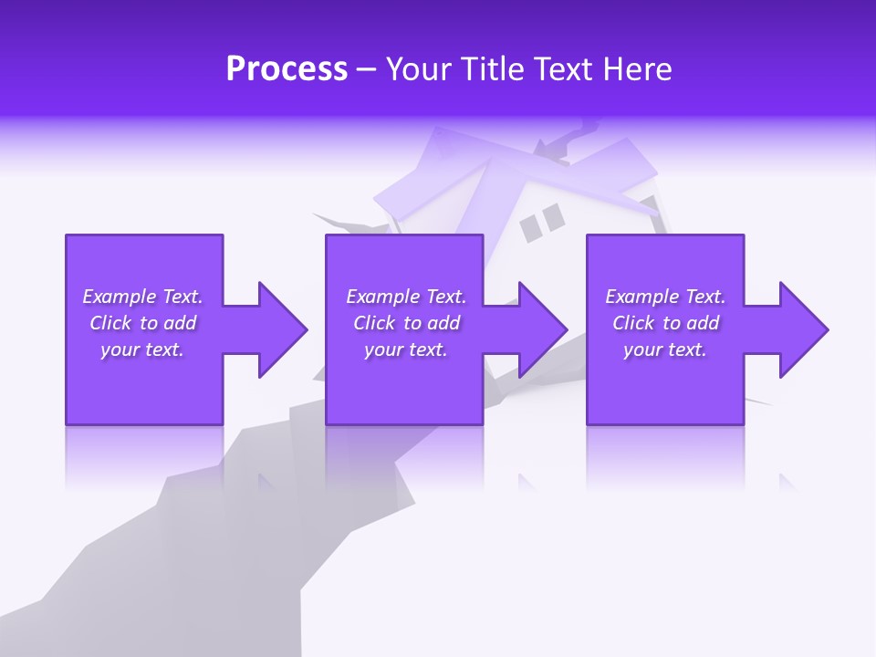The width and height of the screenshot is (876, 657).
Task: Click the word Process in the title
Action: (x=287, y=69)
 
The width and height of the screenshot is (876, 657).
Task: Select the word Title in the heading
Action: (x=491, y=69)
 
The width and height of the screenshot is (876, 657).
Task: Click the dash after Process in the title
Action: (x=366, y=70)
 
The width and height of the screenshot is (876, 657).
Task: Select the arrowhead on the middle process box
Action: (x=542, y=329)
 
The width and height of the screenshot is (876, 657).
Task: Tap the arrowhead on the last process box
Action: (x=803, y=329)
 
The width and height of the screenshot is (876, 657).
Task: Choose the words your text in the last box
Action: (x=665, y=349)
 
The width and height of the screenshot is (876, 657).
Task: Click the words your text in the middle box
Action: (x=405, y=349)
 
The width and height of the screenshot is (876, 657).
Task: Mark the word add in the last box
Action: (x=703, y=323)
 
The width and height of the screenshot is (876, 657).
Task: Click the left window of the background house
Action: (x=530, y=229)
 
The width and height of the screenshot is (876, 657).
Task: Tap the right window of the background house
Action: (x=553, y=217)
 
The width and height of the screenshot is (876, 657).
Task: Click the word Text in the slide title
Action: (x=559, y=69)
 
